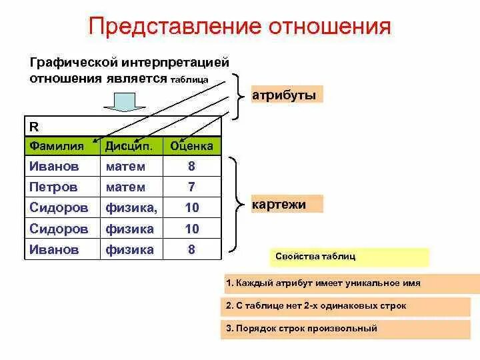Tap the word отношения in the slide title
[329, 27]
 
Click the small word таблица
[189, 80]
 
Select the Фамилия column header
[57, 145]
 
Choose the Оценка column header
[191, 145]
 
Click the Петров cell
[53, 187]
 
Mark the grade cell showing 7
[191, 187]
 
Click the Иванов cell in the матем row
[54, 166]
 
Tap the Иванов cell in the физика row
[54, 250]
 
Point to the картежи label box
[287, 204]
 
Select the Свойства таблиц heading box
[349, 257]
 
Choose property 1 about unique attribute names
[352, 283]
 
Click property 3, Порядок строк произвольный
[352, 329]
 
